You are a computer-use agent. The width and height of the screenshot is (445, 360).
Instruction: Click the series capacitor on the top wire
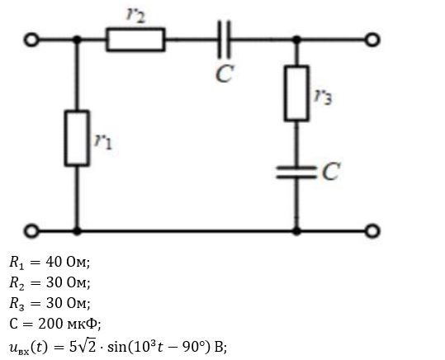[x=224, y=40]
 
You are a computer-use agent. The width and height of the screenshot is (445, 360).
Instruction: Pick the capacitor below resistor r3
[x=296, y=173]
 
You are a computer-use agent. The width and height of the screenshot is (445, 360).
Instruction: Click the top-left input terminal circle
[x=31, y=40]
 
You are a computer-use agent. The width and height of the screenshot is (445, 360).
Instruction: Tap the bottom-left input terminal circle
[x=31, y=231]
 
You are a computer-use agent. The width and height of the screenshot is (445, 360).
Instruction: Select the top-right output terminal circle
[x=372, y=40]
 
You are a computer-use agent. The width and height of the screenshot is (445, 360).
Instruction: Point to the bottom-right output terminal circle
[x=372, y=231]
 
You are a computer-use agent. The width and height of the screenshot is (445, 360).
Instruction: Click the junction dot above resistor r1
[x=77, y=40]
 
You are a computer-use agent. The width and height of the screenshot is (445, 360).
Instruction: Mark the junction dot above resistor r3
[x=296, y=40]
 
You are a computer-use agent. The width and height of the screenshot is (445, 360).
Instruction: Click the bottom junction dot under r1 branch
[x=77, y=231]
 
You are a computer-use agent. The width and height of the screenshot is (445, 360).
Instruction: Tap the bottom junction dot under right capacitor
[x=296, y=231]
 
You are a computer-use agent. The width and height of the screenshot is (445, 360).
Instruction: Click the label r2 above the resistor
[x=135, y=14]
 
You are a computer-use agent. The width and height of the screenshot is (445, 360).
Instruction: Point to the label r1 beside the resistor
[x=103, y=141]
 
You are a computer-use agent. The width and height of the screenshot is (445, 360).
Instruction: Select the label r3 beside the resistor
[x=324, y=96]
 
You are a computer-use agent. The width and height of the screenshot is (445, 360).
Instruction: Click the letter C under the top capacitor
[x=225, y=73]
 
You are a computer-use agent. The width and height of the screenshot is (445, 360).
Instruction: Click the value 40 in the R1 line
[x=54, y=262]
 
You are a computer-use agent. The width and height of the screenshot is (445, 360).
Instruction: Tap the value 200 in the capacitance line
[x=51, y=324]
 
